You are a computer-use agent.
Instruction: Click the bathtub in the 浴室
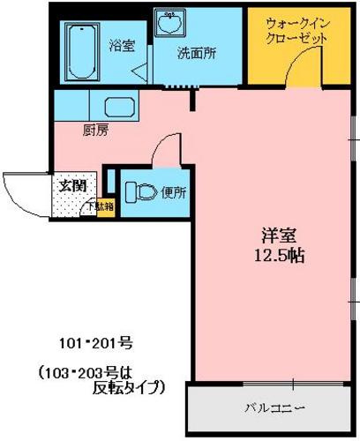pos(82,52)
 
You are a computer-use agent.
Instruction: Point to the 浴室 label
pos(122,46)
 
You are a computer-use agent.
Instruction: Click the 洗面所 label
pos(197,53)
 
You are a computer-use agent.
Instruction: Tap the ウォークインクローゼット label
pos(297,32)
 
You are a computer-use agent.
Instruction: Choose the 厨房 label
pos(95,131)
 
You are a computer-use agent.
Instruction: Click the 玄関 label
pos(72,186)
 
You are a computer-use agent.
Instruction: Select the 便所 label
pos(174,193)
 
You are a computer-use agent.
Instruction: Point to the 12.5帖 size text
pos(279,256)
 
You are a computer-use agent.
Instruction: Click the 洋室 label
pos(279,235)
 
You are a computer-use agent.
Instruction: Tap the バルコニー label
pos(274,408)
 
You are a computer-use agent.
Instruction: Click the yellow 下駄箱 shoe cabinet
pos(106,209)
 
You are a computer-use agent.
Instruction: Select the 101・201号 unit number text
pos(96,343)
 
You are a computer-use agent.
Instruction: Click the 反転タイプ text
pos(129,387)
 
